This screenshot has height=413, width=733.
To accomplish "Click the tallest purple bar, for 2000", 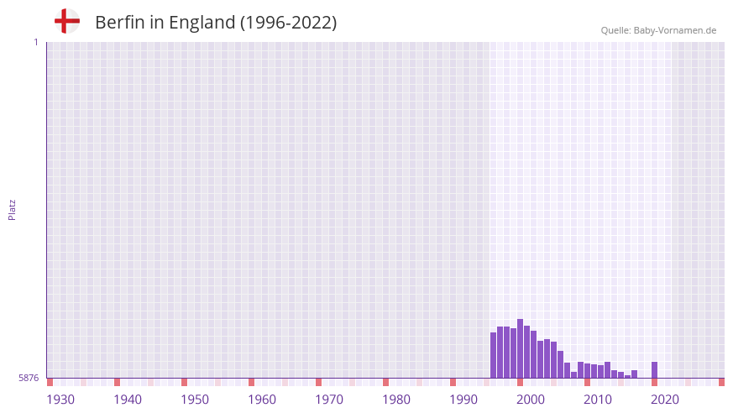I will tap(521, 348).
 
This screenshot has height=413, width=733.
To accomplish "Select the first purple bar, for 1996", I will tap(494, 355).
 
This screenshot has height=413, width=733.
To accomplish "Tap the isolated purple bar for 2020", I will tap(655, 369).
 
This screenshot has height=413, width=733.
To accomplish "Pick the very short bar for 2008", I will tap(574, 374).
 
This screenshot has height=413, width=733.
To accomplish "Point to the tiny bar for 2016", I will tap(628, 376).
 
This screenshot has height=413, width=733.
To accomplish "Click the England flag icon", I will tap(67, 21).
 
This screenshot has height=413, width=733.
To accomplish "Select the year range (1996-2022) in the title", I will tap(288, 23).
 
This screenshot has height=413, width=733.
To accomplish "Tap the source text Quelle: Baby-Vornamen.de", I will tap(658, 30).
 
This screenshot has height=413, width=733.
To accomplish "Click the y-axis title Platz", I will tap(12, 210).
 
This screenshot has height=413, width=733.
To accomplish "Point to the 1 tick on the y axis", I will tap(35, 42).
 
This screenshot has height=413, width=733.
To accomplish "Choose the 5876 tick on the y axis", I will tap(29, 379).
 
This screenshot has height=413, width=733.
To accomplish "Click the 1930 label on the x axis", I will tap(60, 400).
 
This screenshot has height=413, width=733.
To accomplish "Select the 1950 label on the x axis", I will tap(195, 400).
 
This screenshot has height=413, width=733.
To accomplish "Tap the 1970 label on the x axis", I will tap(329, 400).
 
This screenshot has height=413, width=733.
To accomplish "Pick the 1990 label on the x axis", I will tap(463, 400).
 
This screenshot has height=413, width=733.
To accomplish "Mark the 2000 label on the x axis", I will tap(531, 400).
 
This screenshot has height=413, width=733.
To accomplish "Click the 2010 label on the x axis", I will tap(598, 400).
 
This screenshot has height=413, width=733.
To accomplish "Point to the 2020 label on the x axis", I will tap(665, 400).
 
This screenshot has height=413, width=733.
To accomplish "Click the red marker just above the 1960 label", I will tap(251, 382).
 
